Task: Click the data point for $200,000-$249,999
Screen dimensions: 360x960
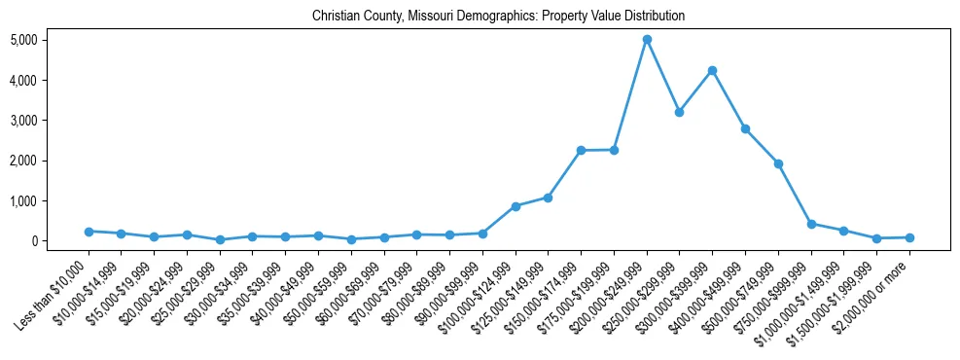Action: coord(647,40)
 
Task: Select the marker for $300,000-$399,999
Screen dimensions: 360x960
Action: coord(713,70)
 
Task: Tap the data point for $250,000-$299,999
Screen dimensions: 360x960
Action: coord(680,112)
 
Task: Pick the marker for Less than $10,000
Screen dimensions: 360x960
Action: coord(89,232)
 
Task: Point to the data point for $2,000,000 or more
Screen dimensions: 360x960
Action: coord(909,237)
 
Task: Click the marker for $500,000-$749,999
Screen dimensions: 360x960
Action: coord(778,163)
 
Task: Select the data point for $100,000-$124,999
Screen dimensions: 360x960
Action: coord(516,206)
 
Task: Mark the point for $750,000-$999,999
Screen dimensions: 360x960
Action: coord(811,224)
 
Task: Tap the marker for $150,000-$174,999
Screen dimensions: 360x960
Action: coord(581,150)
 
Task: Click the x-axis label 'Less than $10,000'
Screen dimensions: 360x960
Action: coord(54,287)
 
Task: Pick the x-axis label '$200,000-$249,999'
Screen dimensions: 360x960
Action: coord(612,288)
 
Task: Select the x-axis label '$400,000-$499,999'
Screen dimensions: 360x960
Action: coord(711,288)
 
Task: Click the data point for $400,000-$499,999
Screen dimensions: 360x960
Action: coord(745,128)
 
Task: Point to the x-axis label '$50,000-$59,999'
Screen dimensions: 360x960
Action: coord(316,286)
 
